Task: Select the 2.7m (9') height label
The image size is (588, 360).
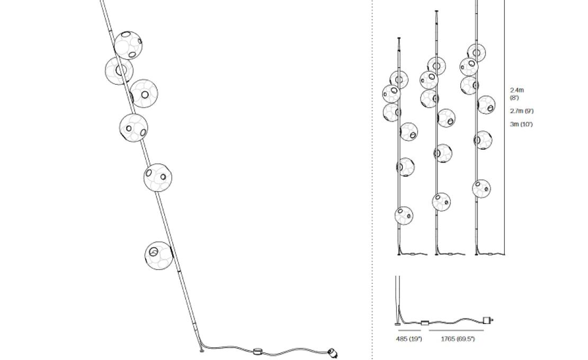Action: click(522, 111)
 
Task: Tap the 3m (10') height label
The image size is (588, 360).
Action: click(521, 124)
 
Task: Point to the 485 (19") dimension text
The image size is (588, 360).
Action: click(408, 339)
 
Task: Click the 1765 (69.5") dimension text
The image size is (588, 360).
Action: click(458, 339)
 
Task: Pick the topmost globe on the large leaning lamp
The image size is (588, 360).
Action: click(128, 45)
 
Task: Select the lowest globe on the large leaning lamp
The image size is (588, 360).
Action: click(158, 255)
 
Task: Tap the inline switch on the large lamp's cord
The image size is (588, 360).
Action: click(258, 350)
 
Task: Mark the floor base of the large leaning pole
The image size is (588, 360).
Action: click(201, 350)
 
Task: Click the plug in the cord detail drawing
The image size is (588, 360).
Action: click(487, 320)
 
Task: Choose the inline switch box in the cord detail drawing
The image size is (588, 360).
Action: click(425, 322)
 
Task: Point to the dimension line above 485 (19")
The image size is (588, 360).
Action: click(409, 331)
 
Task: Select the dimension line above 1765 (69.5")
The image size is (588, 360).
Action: click(456, 331)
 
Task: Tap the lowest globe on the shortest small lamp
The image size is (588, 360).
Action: click(404, 215)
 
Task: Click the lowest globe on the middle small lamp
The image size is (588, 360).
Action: click(441, 202)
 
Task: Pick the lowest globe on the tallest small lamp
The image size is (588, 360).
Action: click(481, 188)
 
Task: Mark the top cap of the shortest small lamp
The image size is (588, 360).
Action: click(399, 38)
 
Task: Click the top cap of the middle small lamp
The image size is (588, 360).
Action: click(436, 11)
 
